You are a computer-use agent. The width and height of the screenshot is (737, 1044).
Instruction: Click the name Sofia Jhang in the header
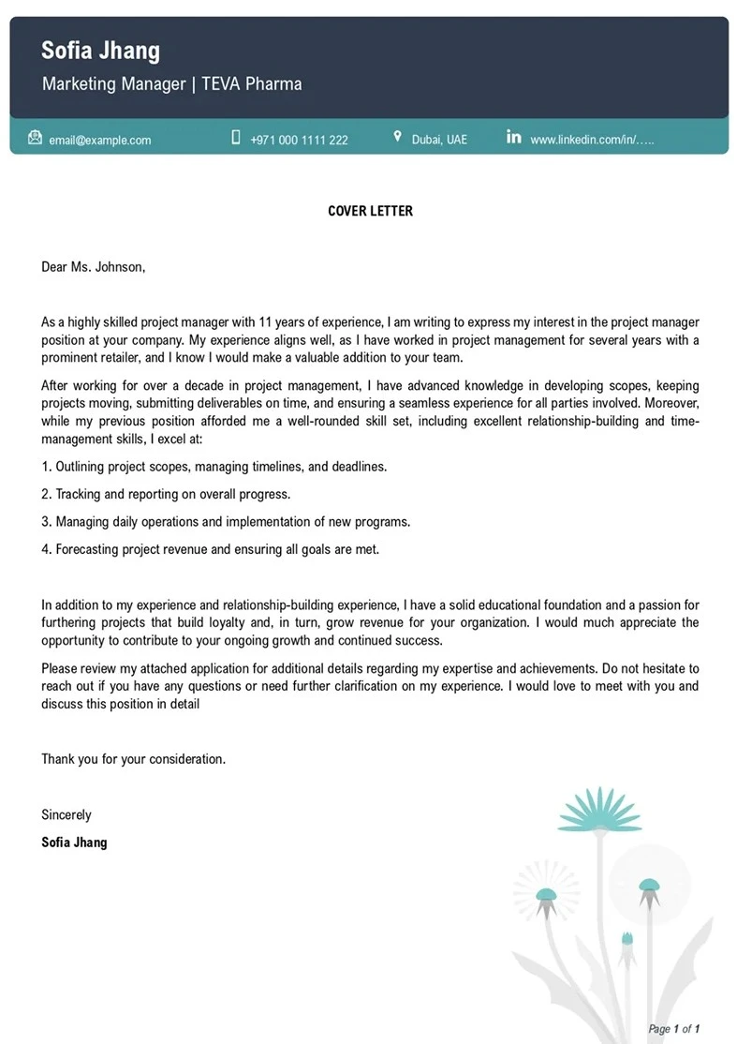100,51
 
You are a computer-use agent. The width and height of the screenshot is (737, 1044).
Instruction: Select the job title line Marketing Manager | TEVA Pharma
171,84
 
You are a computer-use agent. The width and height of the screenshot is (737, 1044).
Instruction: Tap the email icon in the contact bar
36,138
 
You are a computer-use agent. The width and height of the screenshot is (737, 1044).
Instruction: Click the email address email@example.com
100,140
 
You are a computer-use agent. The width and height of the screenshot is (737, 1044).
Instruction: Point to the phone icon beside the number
236,138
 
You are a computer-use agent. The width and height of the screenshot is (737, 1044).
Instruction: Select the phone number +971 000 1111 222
299,140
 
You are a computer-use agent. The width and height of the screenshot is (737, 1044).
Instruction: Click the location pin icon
398,138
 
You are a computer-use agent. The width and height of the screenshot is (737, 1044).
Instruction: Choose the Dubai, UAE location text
439,140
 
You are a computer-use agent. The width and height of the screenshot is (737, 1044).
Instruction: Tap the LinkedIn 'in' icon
513,138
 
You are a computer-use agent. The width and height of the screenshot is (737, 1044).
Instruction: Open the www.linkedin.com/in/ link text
592,140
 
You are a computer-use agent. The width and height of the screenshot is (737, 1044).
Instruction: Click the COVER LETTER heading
370,211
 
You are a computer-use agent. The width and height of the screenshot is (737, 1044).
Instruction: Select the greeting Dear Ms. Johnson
94,267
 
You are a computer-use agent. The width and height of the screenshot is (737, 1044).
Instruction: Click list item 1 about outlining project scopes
214,466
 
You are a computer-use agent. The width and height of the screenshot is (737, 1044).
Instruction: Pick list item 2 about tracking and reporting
166,494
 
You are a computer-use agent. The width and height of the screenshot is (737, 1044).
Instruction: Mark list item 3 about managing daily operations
226,521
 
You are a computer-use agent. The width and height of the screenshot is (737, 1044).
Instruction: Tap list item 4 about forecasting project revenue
210,549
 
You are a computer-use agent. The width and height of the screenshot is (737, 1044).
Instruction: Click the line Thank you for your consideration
133,759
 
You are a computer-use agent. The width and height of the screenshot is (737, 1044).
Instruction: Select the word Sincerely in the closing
66,814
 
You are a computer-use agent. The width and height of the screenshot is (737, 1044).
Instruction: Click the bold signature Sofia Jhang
74,843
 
